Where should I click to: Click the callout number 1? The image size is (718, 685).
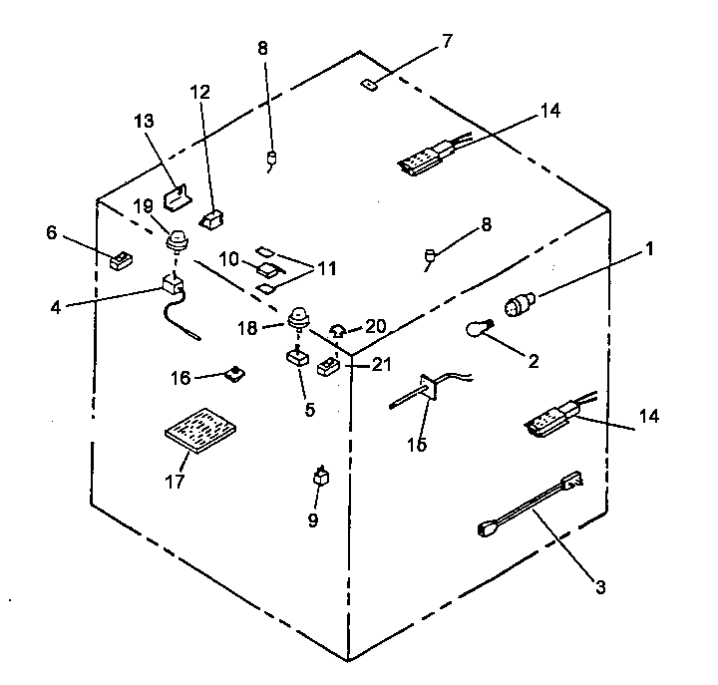pyautogui.click(x=649, y=248)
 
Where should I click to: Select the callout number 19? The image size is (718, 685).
pyautogui.click(x=145, y=206)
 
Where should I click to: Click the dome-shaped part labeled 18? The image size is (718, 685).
pyautogui.click(x=297, y=319)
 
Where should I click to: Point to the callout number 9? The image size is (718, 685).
pyautogui.click(x=313, y=519)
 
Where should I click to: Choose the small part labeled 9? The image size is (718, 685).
pyautogui.click(x=321, y=477)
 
